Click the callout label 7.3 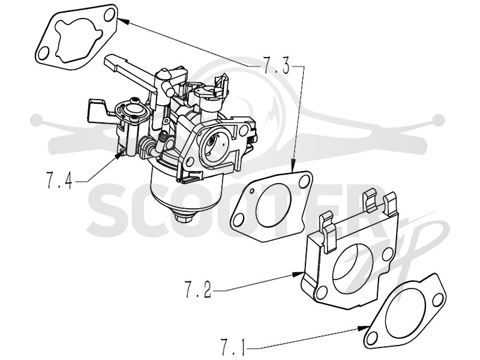click(275, 66)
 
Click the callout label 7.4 click(59, 181)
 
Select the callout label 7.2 click(198, 289)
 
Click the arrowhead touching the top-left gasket click(122, 20)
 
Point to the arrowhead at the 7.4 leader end click(119, 155)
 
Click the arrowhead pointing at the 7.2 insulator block click(298, 274)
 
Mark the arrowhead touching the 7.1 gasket click(364, 328)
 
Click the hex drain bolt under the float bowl click(183, 217)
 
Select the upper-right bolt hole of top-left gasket click(109, 16)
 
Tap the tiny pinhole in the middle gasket click(251, 191)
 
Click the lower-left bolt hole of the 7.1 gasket click(372, 337)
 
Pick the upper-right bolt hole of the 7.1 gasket click(439, 299)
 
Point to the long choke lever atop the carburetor click(130, 71)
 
